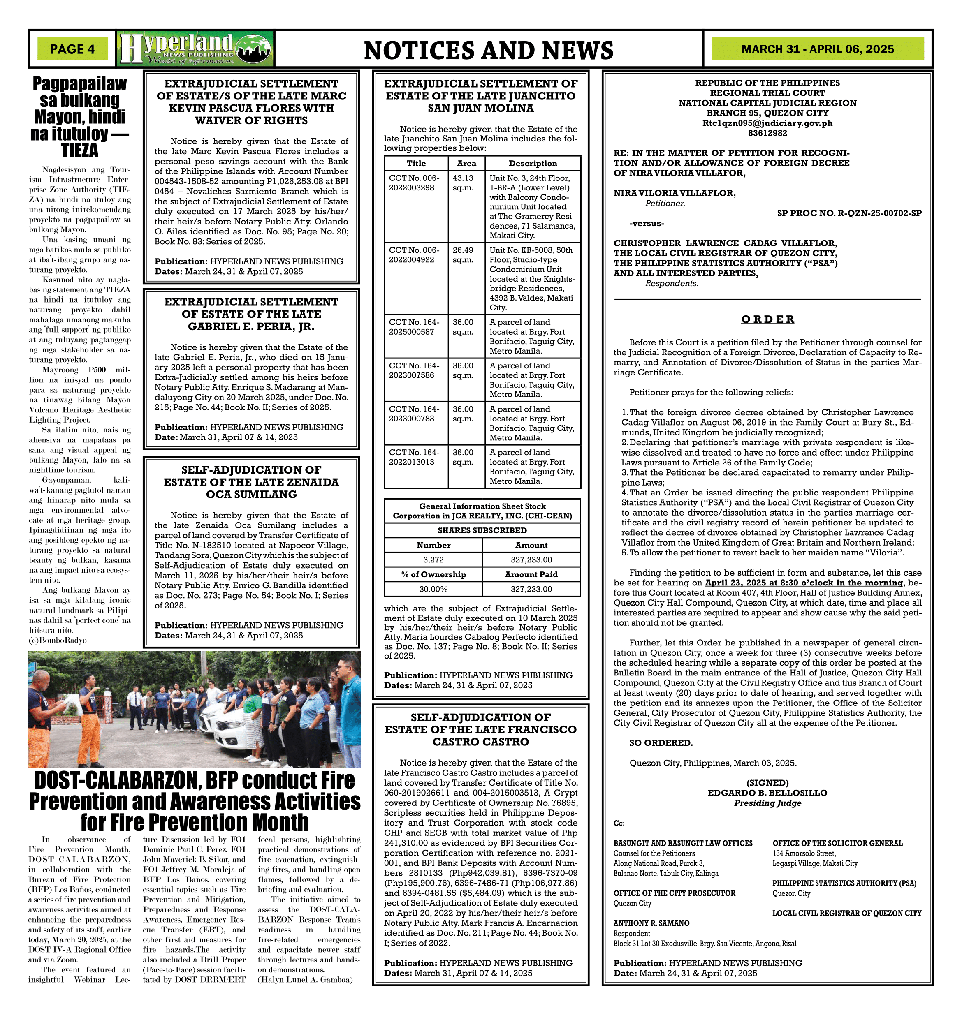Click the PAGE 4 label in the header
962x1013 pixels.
[72, 49]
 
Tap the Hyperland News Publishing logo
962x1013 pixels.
[195, 49]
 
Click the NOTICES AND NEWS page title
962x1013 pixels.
[488, 50]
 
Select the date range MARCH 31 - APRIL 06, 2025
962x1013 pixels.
[817, 49]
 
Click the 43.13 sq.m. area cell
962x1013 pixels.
[463, 183]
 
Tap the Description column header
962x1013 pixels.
[532, 164]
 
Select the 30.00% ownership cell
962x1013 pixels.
[433, 589]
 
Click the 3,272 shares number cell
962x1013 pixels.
[433, 560]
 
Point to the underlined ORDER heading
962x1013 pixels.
[767, 319]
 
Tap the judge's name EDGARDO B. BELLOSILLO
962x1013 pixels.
[767, 793]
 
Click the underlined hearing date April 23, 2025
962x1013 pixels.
[804, 583]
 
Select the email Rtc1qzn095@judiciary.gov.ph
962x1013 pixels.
[767, 123]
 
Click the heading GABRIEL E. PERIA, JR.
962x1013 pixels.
[251, 326]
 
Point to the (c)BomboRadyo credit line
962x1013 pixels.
[58, 640]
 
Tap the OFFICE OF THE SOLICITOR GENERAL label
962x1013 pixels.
[837, 843]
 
